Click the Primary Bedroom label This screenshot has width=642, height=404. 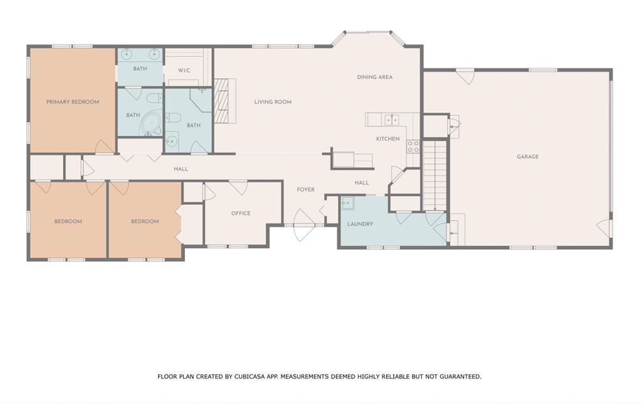[73, 102]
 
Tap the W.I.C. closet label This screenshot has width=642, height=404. [184, 70]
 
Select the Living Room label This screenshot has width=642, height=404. [273, 102]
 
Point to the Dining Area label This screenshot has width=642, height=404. [375, 77]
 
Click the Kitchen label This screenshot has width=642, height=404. [387, 138]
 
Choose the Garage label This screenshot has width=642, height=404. [527, 157]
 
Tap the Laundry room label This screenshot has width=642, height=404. [360, 224]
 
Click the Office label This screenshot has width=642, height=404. [241, 213]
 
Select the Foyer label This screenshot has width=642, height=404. [306, 190]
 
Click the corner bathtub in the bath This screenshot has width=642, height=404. [151, 124]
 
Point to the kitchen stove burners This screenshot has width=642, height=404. [413, 147]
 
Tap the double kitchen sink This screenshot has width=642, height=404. [391, 120]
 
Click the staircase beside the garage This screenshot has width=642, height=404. [434, 175]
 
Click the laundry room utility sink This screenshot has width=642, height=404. [347, 203]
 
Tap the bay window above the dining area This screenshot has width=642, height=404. [367, 38]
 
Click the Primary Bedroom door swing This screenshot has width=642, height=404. [105, 147]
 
